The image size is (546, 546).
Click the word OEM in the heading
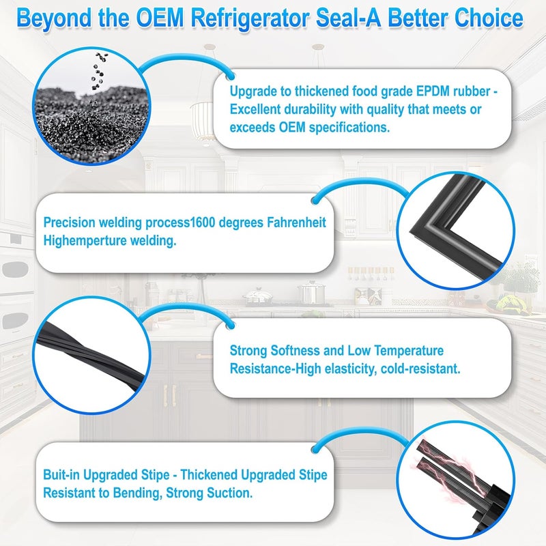coord(160,18)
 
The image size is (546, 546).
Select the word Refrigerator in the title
coord(250,19)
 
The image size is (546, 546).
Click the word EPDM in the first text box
coord(433,91)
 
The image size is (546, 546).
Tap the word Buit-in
coord(61,474)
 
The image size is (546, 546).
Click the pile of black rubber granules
coord(92,124)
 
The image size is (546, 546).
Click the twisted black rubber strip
coord(91,354)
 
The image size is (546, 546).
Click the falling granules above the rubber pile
coord(98,75)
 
